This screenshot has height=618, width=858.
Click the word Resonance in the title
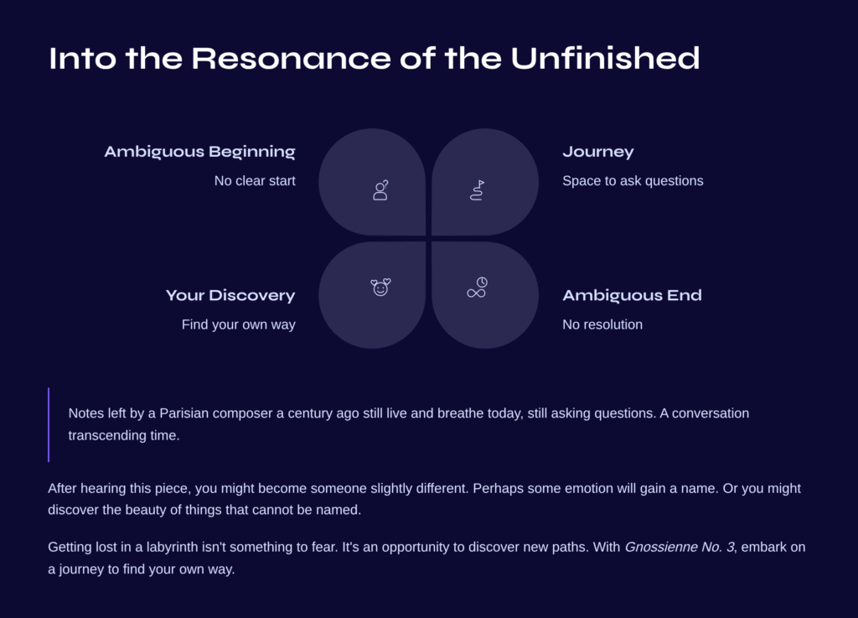point(291,58)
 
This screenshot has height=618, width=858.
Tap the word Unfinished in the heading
point(605,58)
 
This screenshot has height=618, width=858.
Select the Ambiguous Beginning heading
point(199,152)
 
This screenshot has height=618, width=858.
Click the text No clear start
point(255,180)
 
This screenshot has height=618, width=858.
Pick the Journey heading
point(598,152)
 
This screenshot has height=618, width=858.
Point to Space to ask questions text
point(633,180)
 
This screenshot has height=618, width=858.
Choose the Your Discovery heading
point(230,296)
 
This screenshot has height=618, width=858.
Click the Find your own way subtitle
point(239,325)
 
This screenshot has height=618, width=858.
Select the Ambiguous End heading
point(632,296)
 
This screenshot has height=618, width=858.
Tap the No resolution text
point(602,325)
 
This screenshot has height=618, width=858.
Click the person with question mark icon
point(381,190)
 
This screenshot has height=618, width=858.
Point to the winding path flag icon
point(477,190)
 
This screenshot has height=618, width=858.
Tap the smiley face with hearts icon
point(381,287)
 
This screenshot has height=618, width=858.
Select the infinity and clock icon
point(477,288)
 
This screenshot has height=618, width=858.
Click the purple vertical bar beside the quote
point(49,425)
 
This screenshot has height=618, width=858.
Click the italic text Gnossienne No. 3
point(679,547)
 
